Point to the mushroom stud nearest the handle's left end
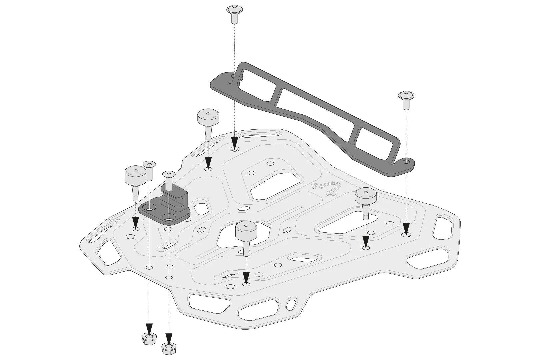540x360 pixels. click(x=209, y=120)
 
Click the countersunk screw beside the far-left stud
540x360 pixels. click(x=149, y=170)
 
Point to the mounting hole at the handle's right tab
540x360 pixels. click(x=406, y=162)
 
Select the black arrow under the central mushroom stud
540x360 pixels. click(x=246, y=277)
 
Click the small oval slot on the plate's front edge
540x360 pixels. click(x=291, y=304)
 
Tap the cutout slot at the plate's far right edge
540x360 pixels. click(x=443, y=229)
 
